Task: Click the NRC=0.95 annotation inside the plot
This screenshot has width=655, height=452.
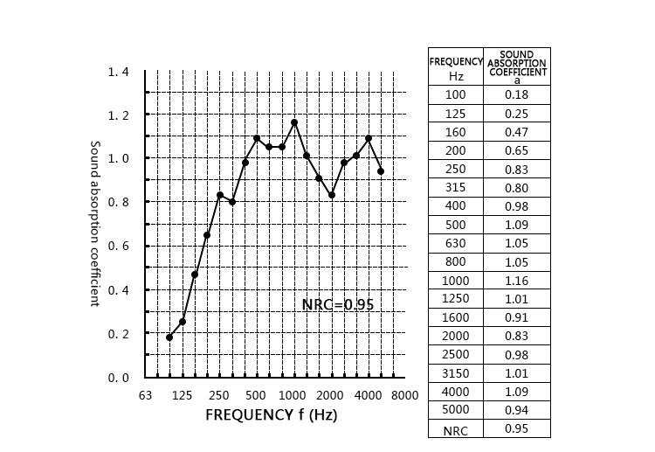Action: click(x=337, y=305)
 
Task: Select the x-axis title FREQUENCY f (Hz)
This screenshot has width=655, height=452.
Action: click(x=271, y=414)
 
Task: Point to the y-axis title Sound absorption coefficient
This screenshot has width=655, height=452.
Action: click(x=95, y=223)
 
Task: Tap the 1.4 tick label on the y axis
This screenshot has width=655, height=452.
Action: click(x=118, y=72)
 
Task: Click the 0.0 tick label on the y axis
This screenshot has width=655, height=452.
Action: click(x=118, y=378)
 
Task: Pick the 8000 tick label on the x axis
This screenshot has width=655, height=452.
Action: click(x=404, y=395)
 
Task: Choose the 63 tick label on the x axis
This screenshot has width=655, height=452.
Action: click(x=146, y=395)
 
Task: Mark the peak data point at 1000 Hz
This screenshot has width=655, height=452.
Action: click(x=294, y=122)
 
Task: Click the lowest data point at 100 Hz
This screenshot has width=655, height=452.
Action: click(x=169, y=337)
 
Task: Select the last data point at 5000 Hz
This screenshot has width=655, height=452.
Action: click(x=381, y=171)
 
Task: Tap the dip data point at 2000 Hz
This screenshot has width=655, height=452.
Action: click(x=332, y=195)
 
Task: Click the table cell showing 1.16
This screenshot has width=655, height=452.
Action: click(x=517, y=280)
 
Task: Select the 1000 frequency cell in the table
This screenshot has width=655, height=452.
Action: click(x=456, y=280)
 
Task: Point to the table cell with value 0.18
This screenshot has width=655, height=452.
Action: click(x=517, y=94)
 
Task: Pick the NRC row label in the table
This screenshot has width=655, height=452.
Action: click(x=456, y=429)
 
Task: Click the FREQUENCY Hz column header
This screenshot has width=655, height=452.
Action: click(x=456, y=67)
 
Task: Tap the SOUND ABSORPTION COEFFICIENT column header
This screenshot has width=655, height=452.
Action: click(x=517, y=66)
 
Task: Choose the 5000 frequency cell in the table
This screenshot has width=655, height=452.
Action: click(x=456, y=409)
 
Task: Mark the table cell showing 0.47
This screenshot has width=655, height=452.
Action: click(x=517, y=132)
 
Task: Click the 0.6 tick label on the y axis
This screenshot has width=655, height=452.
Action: click(x=118, y=247)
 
